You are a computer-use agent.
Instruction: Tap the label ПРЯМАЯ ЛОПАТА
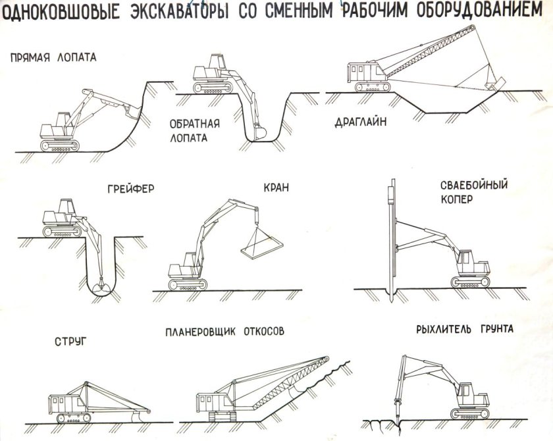pos(53,57)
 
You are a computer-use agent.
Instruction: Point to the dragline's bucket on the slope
pos(492,84)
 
